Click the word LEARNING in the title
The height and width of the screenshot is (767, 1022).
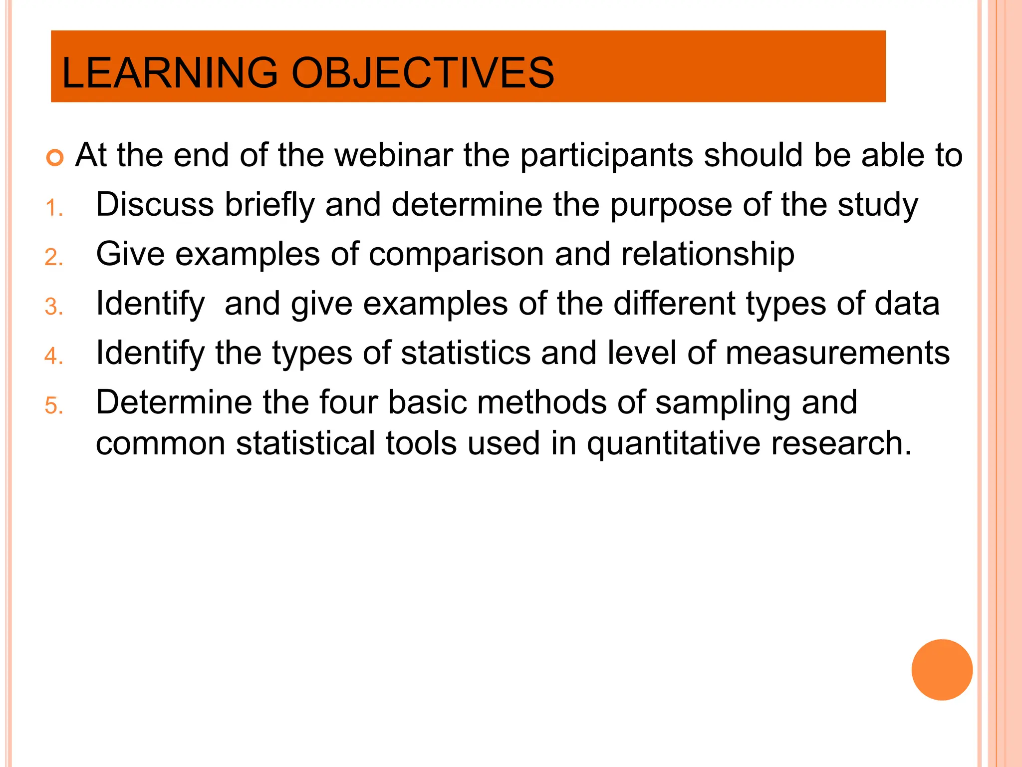[x=170, y=73]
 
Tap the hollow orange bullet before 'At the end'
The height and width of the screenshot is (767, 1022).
[x=55, y=158]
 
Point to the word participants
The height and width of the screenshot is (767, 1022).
[x=606, y=156]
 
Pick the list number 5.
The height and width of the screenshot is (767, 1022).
[x=53, y=405]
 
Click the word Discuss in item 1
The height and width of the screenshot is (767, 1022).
[x=155, y=204]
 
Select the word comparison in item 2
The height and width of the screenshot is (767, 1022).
[x=456, y=255]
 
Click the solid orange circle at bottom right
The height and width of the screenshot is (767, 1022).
[x=942, y=670]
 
